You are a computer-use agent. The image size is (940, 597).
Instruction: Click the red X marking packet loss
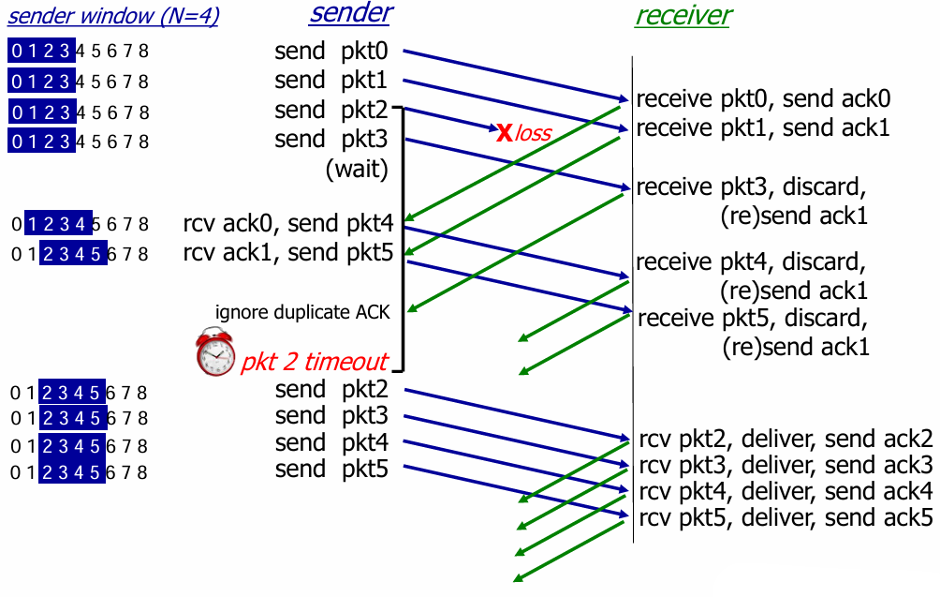pyautogui.click(x=504, y=132)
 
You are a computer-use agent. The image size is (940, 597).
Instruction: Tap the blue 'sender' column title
pyautogui.click(x=351, y=13)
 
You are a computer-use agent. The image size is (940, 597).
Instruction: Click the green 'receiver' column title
pyautogui.click(x=683, y=15)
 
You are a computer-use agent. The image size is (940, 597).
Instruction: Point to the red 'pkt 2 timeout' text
pyautogui.click(x=315, y=362)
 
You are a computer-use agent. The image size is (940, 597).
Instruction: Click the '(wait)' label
pyautogui.click(x=356, y=171)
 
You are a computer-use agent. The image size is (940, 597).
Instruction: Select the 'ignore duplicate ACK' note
pyautogui.click(x=302, y=312)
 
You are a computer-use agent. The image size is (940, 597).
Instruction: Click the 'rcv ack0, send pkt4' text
pyautogui.click(x=288, y=223)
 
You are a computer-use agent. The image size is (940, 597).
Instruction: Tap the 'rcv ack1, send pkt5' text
pyautogui.click(x=288, y=252)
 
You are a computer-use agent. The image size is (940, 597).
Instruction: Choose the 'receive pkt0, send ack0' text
pyautogui.click(x=763, y=98)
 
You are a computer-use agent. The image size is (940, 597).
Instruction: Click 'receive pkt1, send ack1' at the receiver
pyautogui.click(x=763, y=127)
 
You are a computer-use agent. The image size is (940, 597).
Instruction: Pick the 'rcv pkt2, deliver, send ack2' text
pyautogui.click(x=786, y=439)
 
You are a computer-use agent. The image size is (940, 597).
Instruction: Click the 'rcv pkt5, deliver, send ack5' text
pyautogui.click(x=786, y=517)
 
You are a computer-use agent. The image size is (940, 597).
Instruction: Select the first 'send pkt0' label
pyautogui.click(x=331, y=51)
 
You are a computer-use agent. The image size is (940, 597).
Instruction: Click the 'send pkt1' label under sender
pyautogui.click(x=331, y=80)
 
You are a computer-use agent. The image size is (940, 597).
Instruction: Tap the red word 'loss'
pyautogui.click(x=534, y=133)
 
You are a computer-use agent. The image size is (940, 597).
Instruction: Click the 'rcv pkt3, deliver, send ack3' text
pyautogui.click(x=786, y=465)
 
